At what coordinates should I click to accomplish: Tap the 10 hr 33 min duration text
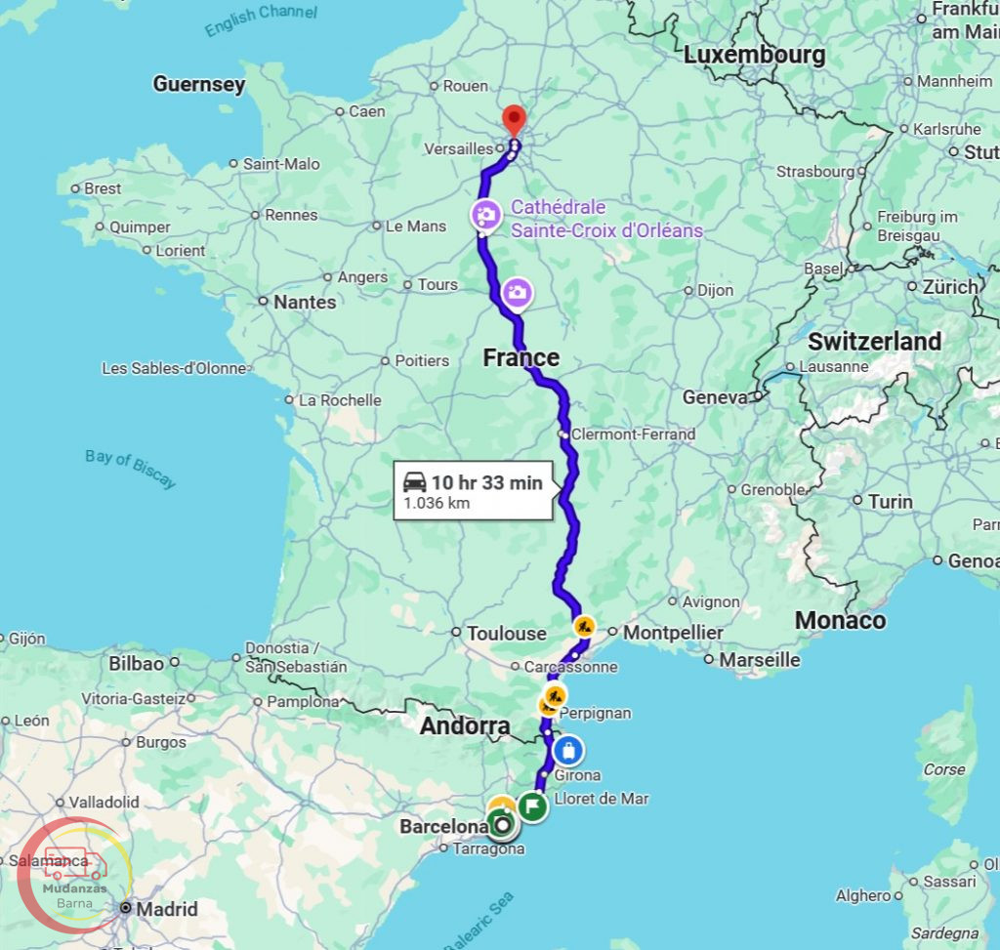486,482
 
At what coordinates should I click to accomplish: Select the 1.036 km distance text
437,504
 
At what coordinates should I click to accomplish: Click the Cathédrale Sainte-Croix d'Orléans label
606,220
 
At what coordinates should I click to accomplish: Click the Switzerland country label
874,342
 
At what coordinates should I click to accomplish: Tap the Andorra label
465,726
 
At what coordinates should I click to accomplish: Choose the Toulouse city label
506,634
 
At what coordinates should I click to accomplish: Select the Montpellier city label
673,633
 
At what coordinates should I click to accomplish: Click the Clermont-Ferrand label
633,434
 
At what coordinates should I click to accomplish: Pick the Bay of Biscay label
130,469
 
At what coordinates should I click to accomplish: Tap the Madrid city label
167,909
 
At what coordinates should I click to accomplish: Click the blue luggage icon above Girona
568,751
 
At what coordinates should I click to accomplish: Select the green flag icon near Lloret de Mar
532,806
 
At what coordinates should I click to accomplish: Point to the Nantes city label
304,303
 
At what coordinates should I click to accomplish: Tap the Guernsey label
199,85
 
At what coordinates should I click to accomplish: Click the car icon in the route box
414,482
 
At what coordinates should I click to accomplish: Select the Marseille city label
759,660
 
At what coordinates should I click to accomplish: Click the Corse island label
944,769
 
